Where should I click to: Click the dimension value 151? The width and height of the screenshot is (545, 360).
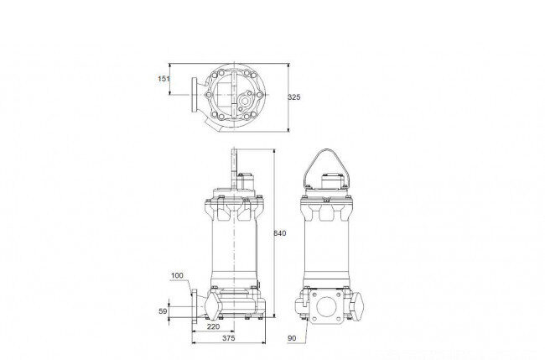(x=163, y=79)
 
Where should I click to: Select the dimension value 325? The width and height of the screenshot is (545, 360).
(x=294, y=97)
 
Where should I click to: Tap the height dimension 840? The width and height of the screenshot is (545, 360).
(x=280, y=233)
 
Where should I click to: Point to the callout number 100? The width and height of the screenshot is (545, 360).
(x=177, y=275)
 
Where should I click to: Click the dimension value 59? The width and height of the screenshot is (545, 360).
(x=163, y=311)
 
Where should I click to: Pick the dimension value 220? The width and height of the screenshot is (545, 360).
(x=213, y=326)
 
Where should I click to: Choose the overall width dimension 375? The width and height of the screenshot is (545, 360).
(x=228, y=337)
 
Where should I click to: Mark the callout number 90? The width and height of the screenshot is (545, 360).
(x=292, y=338)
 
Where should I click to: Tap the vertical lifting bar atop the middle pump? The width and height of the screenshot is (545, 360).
(x=234, y=169)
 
